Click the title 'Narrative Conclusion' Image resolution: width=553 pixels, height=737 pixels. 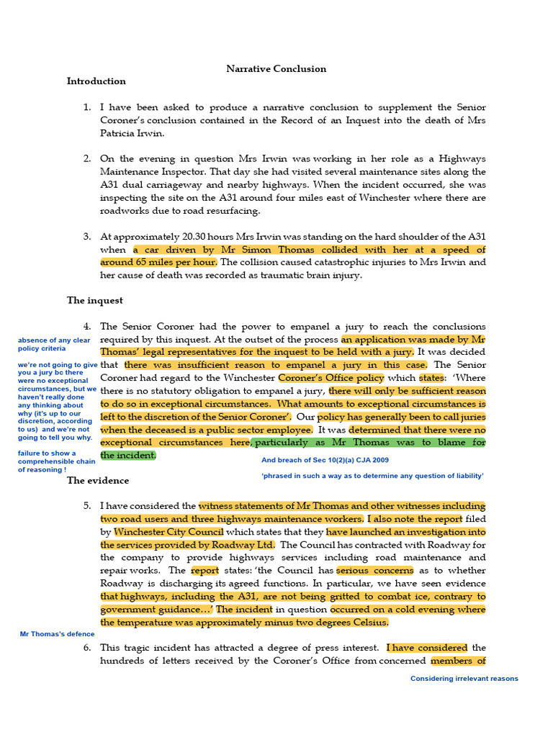(276, 69)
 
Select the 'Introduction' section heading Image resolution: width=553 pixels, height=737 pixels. (96, 81)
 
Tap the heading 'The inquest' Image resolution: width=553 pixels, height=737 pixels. (95, 300)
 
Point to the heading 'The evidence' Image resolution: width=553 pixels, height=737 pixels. (98, 480)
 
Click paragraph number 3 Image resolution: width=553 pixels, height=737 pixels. (86, 236)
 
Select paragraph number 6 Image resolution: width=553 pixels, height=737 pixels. (86, 648)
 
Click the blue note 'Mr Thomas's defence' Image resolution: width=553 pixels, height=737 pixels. (57, 634)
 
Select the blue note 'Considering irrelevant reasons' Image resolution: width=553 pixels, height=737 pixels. (464, 679)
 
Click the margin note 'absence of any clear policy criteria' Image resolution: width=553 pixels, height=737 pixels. (54, 345)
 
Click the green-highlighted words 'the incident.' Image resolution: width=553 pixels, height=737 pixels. (127, 456)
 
